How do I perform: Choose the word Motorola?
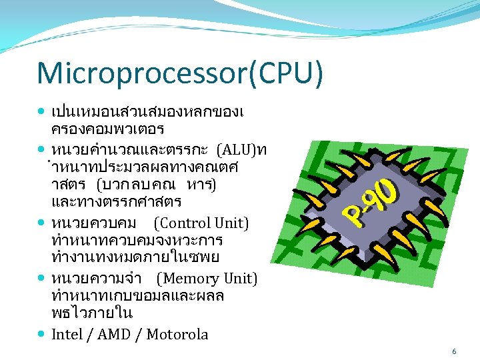pyautogui.click(x=177, y=334)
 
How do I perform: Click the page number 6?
pyautogui.click(x=454, y=351)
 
